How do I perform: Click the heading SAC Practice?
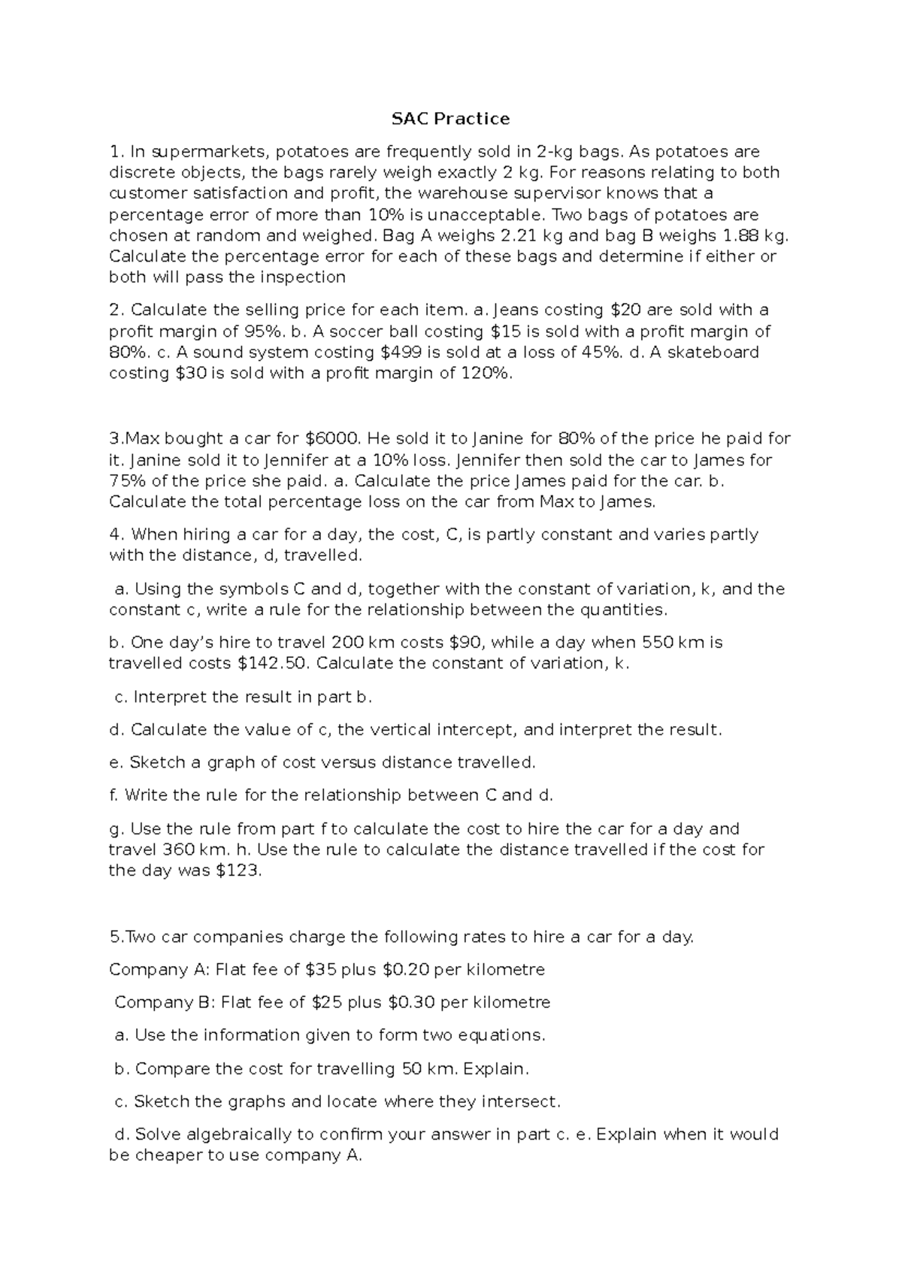[450, 119]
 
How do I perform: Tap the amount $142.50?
[273, 664]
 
